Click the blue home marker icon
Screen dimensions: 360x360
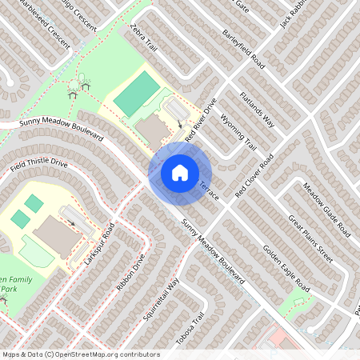[x=180, y=172]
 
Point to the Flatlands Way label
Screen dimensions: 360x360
[x=257, y=110]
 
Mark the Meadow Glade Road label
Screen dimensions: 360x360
[x=326, y=210]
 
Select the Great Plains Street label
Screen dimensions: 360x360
[x=310, y=238]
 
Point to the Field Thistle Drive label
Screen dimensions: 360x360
[x=39, y=167]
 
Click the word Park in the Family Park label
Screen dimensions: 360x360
[x=8, y=288]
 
